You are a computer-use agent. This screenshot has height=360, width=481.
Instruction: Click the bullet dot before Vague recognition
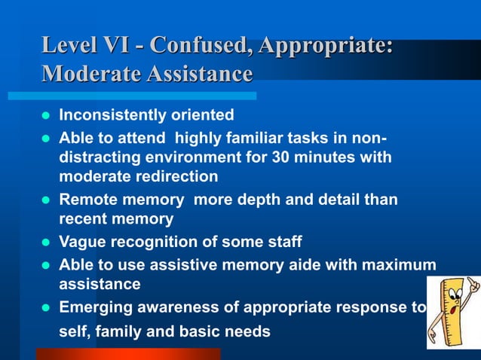tap(44, 243)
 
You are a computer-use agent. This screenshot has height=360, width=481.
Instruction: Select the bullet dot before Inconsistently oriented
tap(44, 116)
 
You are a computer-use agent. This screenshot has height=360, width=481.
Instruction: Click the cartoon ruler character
tap(452, 311)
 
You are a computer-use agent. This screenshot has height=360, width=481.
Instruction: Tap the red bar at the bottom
tap(128, 353)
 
